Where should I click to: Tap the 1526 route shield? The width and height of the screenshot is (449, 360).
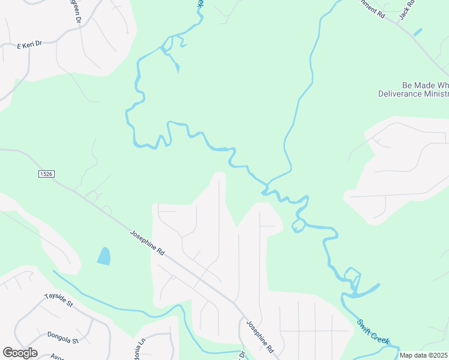pos(46,173)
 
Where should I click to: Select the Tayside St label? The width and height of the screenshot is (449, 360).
pos(58,300)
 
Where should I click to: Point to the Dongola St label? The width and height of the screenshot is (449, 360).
pos(62,336)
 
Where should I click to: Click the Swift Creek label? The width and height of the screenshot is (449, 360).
pos(373,331)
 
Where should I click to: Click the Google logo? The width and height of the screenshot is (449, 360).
pos(20,353)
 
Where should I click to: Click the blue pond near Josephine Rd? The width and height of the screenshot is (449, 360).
pos(104,256)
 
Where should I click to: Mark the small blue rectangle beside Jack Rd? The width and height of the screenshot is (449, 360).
pos(418,32)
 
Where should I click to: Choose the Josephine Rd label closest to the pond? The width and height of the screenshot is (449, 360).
pos(147,242)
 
